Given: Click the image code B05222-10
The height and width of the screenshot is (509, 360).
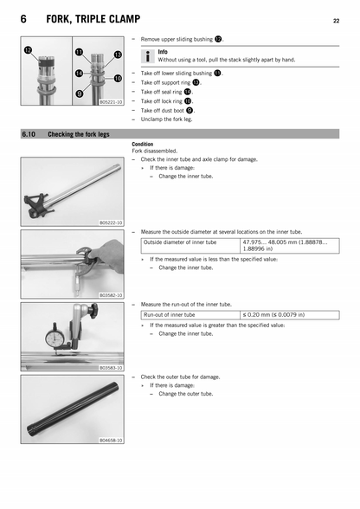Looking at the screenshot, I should tap(111, 222).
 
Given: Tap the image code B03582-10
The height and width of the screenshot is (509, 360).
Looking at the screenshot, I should tap(111, 295).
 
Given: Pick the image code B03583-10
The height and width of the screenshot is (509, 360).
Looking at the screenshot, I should tap(111, 368).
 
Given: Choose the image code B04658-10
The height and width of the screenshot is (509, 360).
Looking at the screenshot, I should tap(111, 440).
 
